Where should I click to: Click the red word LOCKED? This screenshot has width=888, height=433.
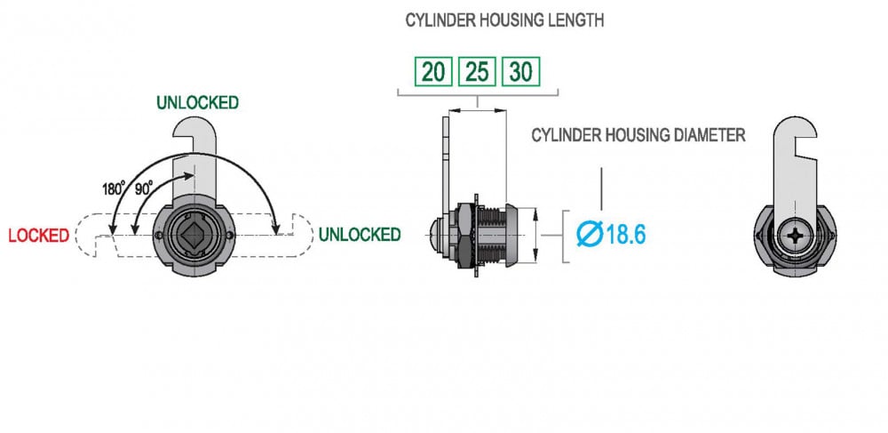click(x=38, y=236)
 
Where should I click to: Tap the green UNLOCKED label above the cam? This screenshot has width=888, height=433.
click(x=197, y=102)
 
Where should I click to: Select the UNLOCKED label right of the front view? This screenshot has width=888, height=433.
click(x=359, y=235)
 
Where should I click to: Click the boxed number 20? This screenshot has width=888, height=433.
click(x=433, y=72)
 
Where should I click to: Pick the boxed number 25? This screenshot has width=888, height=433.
click(x=478, y=72)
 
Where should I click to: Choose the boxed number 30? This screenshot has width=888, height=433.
click(x=521, y=72)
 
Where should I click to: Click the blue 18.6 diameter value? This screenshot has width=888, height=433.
click(x=625, y=236)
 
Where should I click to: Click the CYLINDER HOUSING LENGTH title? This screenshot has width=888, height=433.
click(x=503, y=20)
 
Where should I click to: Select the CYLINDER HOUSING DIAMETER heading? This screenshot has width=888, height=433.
click(x=638, y=135)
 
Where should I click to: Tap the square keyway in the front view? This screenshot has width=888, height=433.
click(x=194, y=236)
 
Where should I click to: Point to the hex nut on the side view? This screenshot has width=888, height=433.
click(x=464, y=235)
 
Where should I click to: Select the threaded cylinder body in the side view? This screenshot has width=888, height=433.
click(x=493, y=235)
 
